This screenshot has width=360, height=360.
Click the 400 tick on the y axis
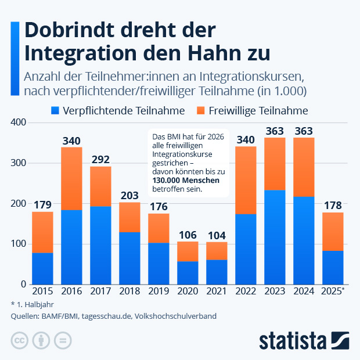(19, 123)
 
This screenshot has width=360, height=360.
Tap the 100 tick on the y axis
(19, 244)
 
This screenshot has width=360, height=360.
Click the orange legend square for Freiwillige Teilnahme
(202, 110)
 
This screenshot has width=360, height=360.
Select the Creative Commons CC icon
(19, 340)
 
